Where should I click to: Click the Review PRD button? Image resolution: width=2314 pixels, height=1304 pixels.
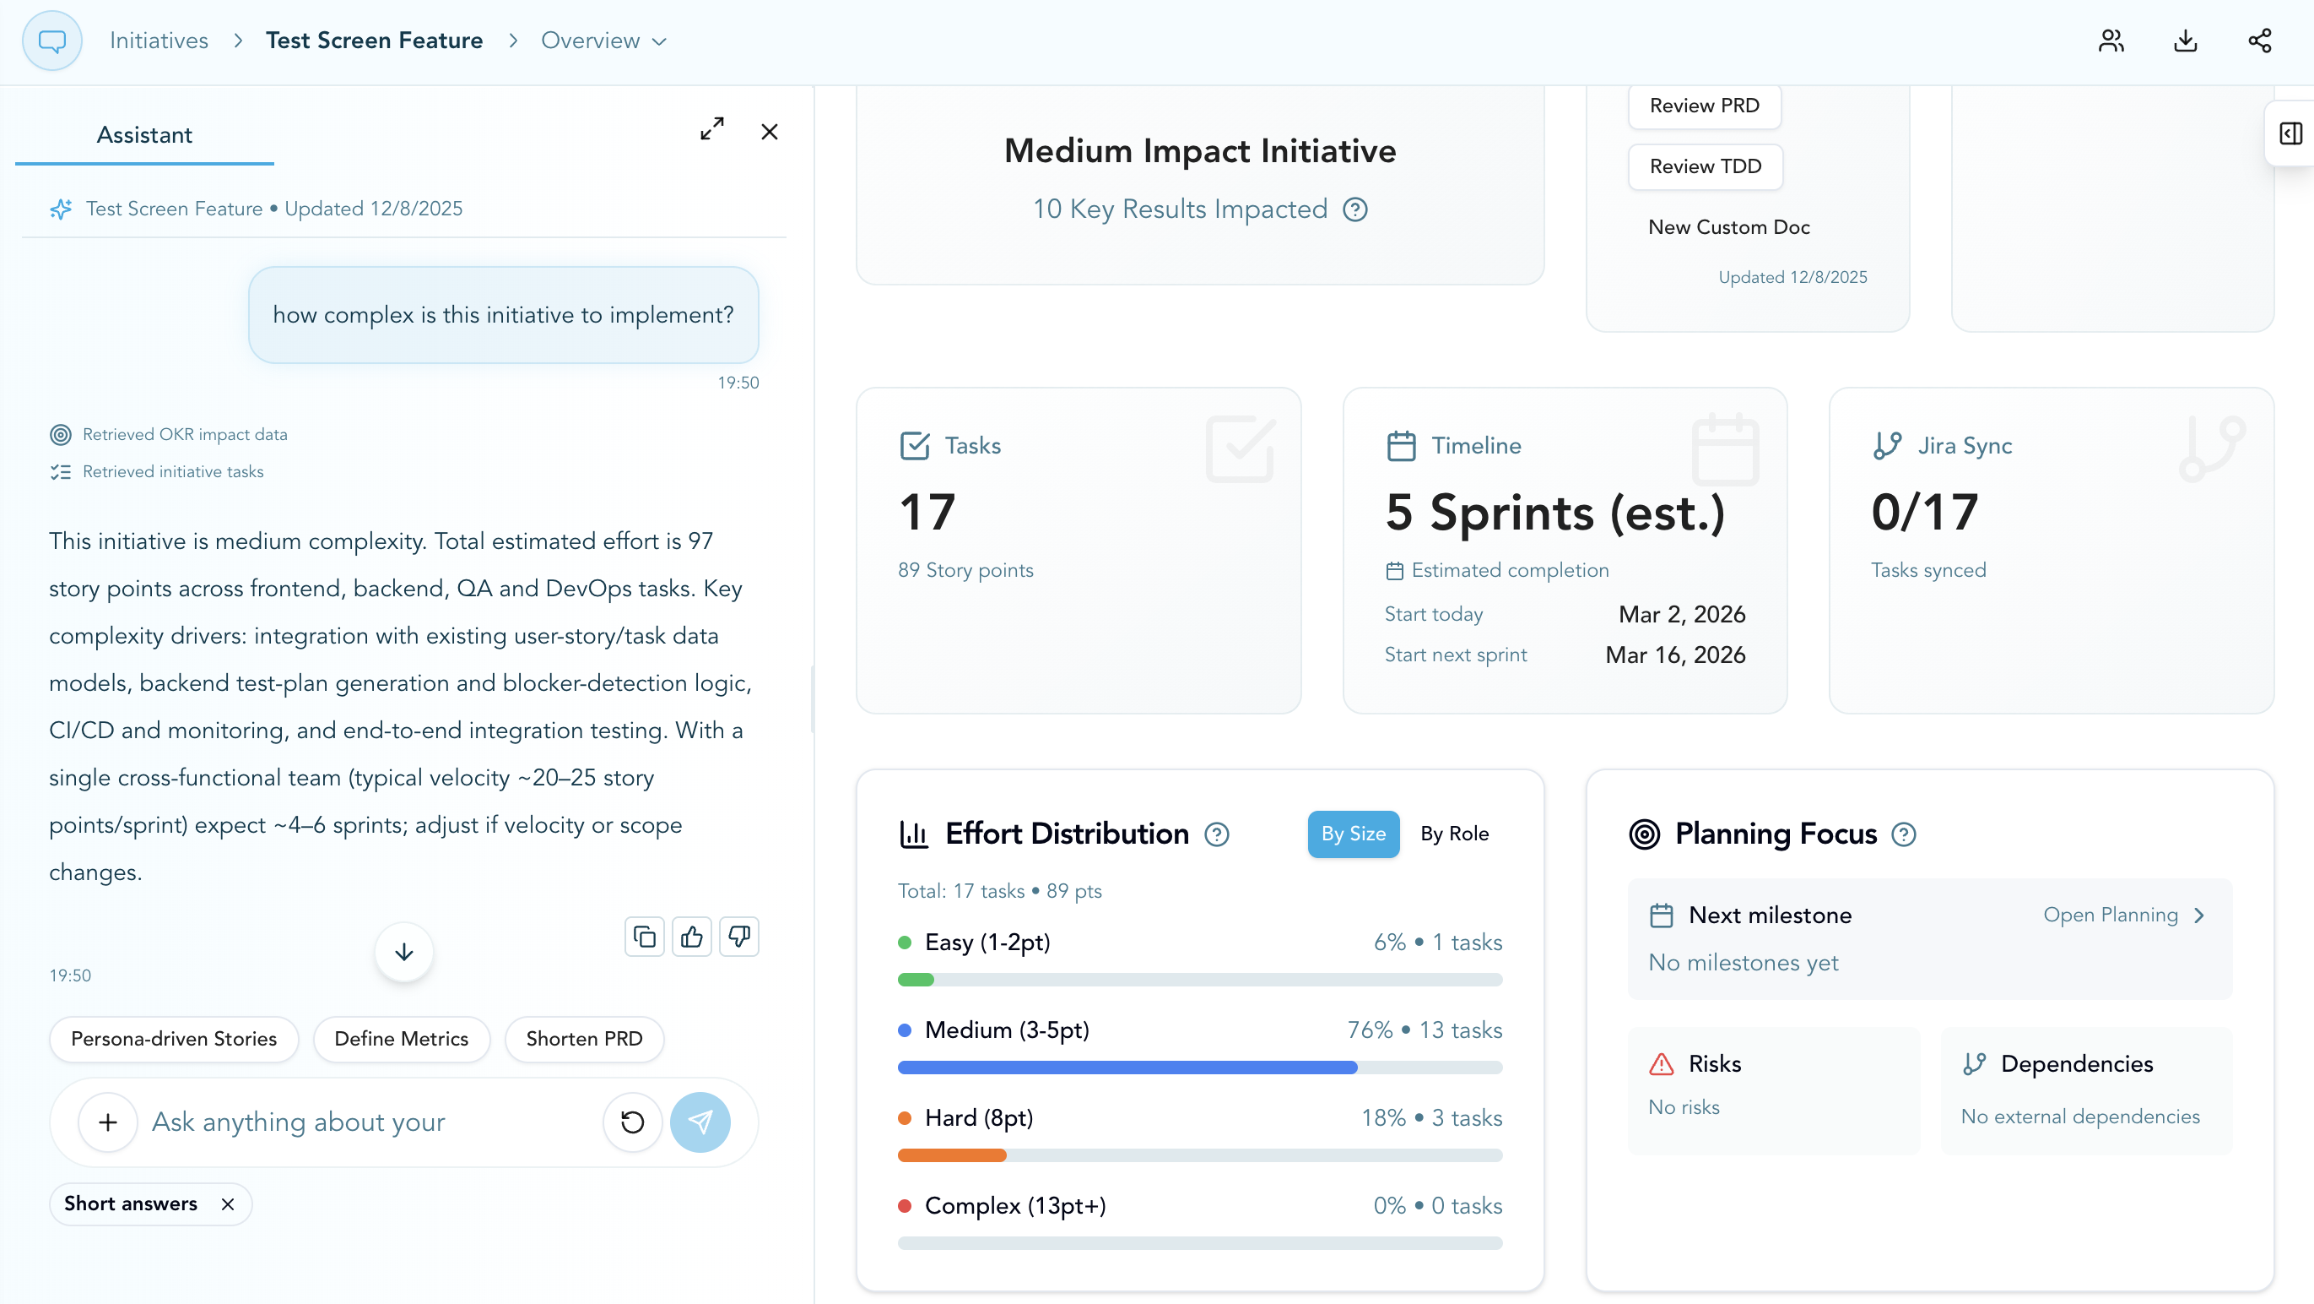(x=1704, y=106)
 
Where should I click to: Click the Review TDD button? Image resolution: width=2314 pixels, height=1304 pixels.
(x=1705, y=166)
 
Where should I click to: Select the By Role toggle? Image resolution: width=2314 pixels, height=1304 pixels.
(x=1453, y=833)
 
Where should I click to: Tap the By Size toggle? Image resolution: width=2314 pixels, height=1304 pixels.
(x=1353, y=833)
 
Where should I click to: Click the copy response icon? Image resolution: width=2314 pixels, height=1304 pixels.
(x=644, y=937)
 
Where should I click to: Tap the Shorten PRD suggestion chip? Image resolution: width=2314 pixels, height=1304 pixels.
(x=584, y=1038)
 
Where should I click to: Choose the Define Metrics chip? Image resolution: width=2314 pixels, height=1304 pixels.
(x=401, y=1038)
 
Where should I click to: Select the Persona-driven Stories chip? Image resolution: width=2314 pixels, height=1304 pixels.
(x=173, y=1038)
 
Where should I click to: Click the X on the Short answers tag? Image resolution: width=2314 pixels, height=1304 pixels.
(x=228, y=1203)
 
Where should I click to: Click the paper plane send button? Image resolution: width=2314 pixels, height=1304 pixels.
(x=700, y=1122)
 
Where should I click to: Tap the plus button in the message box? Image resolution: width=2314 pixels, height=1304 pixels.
(x=108, y=1122)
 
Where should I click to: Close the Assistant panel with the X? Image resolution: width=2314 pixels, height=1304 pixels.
(x=769, y=132)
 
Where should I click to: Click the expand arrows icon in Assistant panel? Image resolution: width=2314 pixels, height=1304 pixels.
(x=711, y=128)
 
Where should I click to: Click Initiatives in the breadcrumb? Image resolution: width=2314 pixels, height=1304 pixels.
(x=159, y=41)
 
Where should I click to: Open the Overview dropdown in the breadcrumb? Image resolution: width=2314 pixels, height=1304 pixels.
(x=603, y=41)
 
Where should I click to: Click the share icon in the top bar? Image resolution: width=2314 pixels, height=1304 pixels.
(x=2259, y=41)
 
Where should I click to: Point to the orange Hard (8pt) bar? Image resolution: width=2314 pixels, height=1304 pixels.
(x=952, y=1155)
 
